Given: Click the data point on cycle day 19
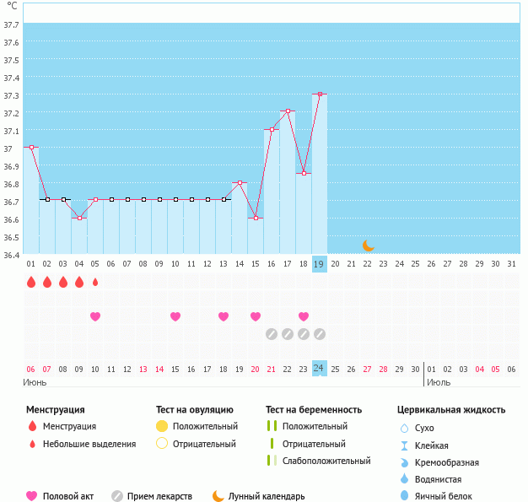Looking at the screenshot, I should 320,94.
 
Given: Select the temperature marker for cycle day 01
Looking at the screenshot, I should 31,147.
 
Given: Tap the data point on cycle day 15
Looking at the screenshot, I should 256,218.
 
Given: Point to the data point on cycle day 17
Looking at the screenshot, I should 288,111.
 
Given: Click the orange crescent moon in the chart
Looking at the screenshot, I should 368,245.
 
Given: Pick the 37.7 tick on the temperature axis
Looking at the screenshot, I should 12,24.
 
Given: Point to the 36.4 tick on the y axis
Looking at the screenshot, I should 12,255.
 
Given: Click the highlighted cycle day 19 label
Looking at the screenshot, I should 320,264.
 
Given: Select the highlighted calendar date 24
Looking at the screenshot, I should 320,368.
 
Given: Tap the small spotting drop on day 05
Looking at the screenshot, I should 95,282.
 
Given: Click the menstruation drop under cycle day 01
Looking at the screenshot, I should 31,282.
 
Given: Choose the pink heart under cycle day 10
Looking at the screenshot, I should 175,316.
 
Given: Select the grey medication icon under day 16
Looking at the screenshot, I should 272,334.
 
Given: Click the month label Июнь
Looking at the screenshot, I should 35,382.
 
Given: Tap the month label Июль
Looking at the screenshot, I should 439,382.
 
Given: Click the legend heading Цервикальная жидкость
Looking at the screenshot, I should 451,409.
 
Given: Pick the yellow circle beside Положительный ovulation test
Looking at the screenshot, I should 162,427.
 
